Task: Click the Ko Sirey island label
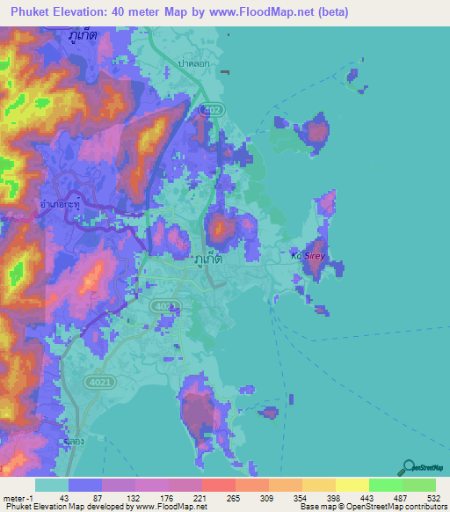[x=308, y=255]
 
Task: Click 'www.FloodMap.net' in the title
[x=268, y=12]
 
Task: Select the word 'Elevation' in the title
[x=83, y=12]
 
